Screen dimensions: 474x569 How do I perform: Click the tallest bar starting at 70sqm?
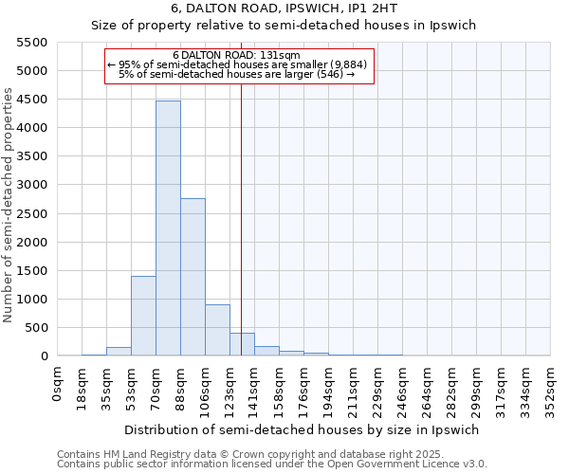point(168,228)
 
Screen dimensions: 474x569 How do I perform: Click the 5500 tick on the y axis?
point(33,43)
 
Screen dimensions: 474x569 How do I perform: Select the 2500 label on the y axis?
point(33,213)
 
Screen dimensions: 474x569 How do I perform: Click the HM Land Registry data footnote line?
point(218,454)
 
